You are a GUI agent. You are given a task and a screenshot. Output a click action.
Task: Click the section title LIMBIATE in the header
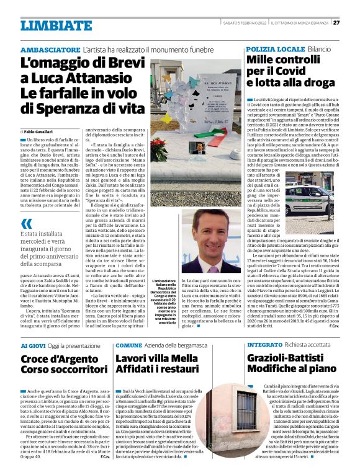[47, 25]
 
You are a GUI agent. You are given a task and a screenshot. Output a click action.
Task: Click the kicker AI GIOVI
[32, 345]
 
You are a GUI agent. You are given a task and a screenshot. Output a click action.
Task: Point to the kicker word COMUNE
[128, 345]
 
